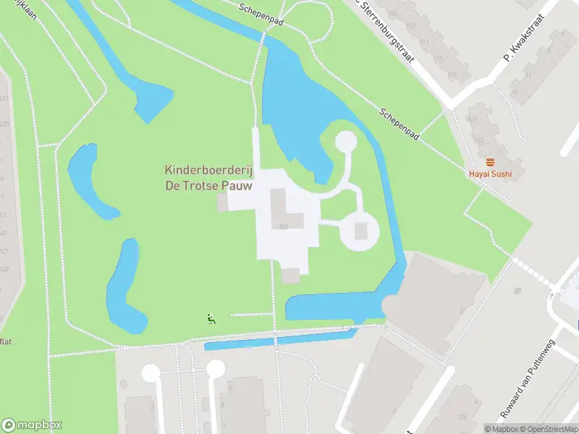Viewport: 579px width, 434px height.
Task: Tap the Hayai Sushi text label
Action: tap(490, 174)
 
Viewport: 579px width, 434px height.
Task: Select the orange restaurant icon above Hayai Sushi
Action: tap(490, 161)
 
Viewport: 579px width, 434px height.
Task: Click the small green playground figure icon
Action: tap(211, 318)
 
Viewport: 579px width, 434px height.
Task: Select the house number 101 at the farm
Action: tap(283, 227)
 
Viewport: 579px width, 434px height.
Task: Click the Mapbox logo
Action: tap(32, 425)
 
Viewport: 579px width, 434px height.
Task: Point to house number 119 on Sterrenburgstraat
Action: tap(452, 74)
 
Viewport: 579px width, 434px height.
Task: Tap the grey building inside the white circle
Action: tap(361, 231)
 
